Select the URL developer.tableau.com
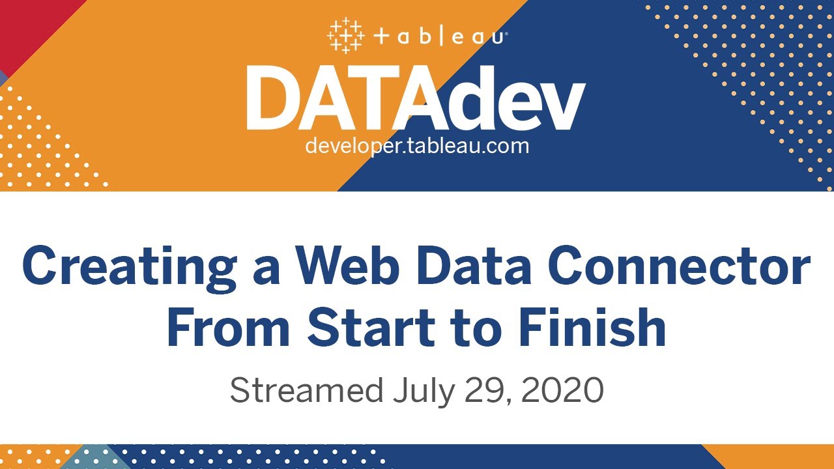pos(417,145)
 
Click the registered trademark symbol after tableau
pos(506,32)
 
